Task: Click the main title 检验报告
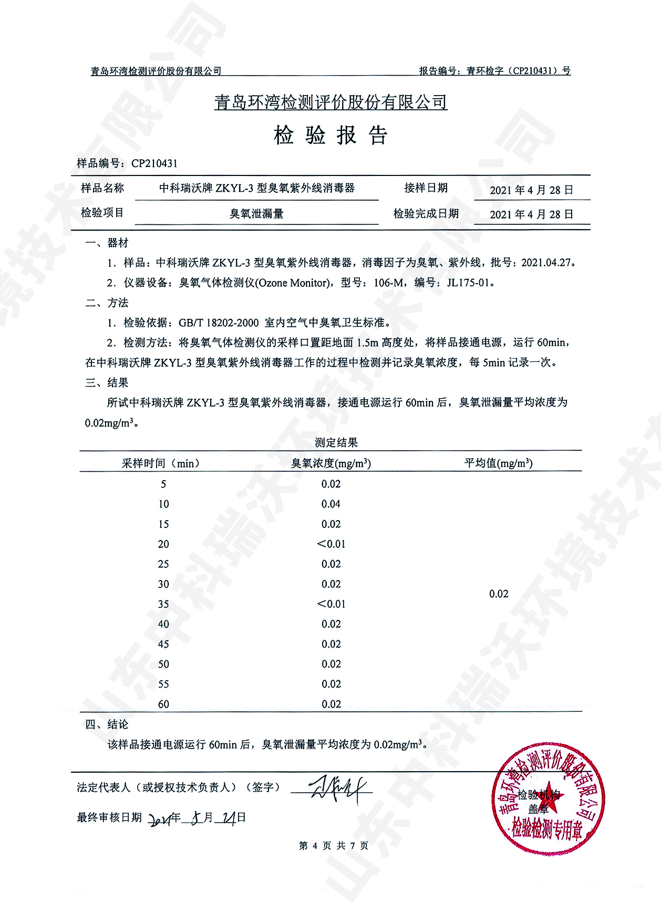tap(331, 136)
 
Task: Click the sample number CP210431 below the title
tap(154, 163)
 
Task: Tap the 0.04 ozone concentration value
tap(331, 504)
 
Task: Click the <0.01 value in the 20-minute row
tap(332, 544)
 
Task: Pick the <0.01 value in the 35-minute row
tap(332, 604)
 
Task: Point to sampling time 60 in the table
tap(163, 704)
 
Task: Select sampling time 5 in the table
tap(163, 484)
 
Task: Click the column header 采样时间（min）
tap(160, 463)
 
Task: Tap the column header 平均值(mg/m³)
tap(498, 463)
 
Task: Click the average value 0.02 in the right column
tap(499, 594)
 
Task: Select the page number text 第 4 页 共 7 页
tap(334, 846)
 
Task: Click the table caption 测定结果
tap(336, 443)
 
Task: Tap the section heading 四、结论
tap(107, 725)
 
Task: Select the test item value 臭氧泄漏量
tap(256, 214)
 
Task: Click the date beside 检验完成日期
tap(531, 214)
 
